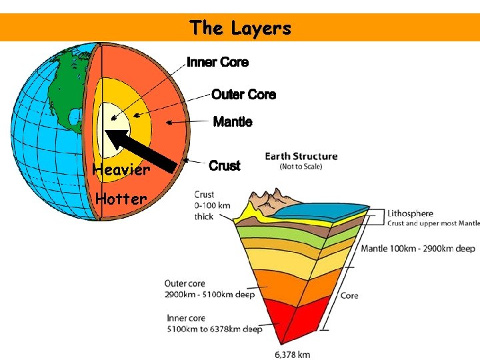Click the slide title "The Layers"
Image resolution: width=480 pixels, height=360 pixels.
(240, 28)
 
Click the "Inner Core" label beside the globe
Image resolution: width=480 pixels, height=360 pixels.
(217, 62)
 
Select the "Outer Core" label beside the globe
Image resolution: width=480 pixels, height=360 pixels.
(243, 95)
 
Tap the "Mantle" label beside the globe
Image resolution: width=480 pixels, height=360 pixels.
(232, 122)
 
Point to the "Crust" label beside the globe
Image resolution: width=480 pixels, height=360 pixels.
(224, 166)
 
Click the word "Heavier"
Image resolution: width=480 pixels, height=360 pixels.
(121, 169)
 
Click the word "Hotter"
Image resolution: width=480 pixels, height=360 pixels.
(121, 199)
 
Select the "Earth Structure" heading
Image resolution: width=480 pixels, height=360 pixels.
(301, 157)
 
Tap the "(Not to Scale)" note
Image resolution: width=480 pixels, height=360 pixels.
(301, 166)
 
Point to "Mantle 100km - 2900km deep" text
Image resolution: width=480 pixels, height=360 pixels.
(418, 249)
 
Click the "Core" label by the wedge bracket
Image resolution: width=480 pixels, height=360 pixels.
(349, 295)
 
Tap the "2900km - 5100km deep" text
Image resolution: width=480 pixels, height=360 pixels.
(209, 295)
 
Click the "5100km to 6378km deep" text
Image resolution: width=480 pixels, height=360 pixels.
(214, 329)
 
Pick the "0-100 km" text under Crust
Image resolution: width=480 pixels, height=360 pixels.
(213, 205)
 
